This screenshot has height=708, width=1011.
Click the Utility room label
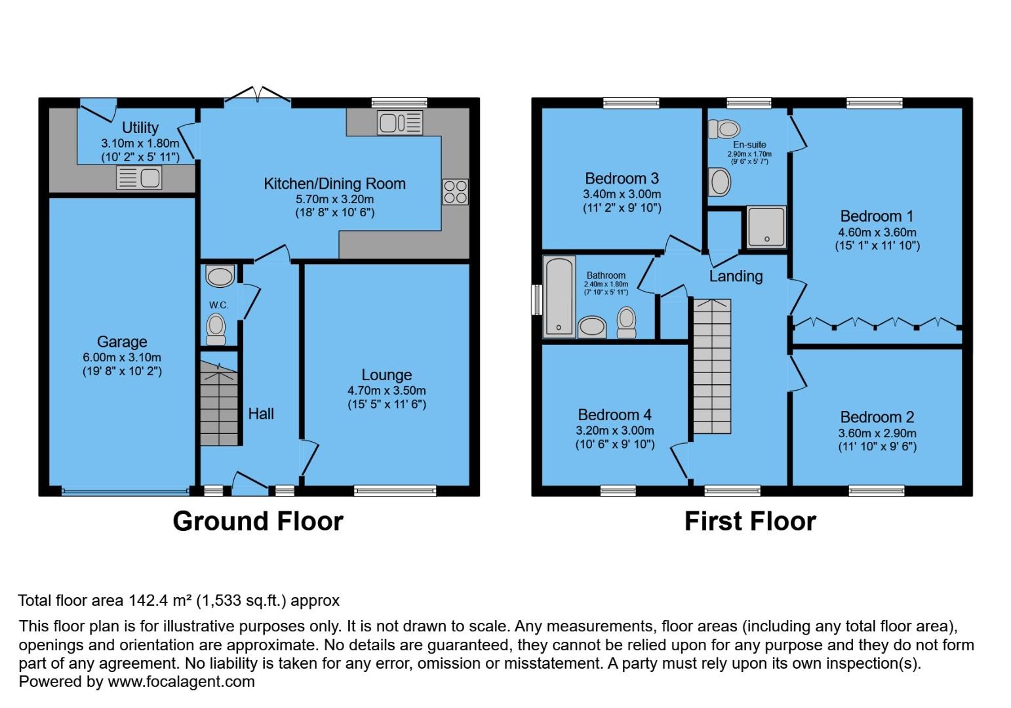point(140,128)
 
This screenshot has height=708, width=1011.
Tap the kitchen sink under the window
point(399,123)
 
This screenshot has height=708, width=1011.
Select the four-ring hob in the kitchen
point(455,191)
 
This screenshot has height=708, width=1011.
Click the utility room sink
point(139,178)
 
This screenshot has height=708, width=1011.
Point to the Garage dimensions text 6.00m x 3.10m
point(121,357)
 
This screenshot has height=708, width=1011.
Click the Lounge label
point(386,375)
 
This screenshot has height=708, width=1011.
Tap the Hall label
point(261,414)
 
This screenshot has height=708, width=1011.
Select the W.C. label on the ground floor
point(218,305)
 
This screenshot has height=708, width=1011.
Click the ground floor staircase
point(219,405)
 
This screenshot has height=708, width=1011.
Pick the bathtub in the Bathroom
point(559,297)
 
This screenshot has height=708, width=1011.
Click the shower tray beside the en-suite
point(766,227)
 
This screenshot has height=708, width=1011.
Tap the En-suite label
point(749,145)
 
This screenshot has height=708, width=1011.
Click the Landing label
point(736,277)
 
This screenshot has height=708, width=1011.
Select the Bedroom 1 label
point(876,216)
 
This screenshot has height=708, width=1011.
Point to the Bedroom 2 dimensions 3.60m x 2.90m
point(877,433)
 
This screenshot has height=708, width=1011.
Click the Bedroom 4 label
point(614,415)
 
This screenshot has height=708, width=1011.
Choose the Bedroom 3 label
point(622,178)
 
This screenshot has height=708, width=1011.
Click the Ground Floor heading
point(258,522)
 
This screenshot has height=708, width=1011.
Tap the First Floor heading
point(750,522)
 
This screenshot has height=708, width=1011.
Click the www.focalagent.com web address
point(181,682)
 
